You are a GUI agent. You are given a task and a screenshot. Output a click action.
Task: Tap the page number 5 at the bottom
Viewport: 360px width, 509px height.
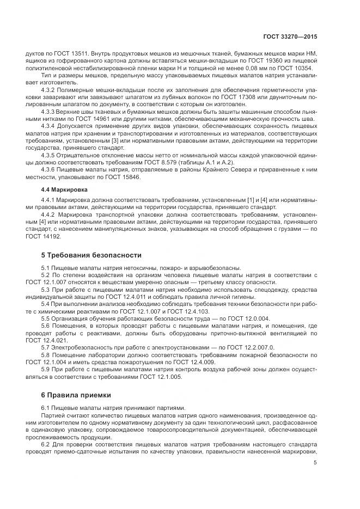point(315,463)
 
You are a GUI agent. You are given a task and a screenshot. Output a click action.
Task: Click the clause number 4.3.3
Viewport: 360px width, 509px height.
point(50,111)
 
